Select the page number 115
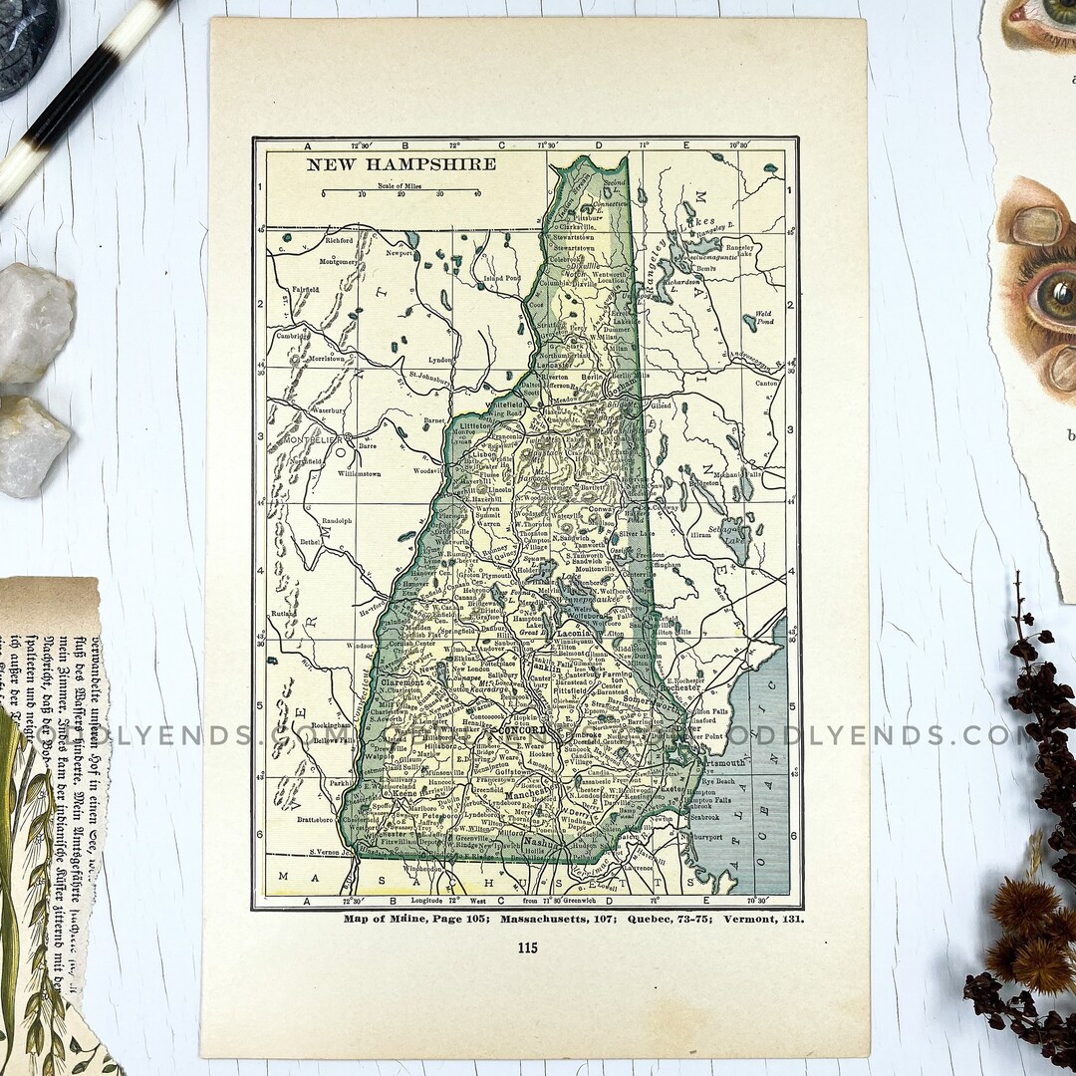coord(527,947)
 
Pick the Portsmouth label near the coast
coord(719,762)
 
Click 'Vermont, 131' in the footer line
coord(763,918)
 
